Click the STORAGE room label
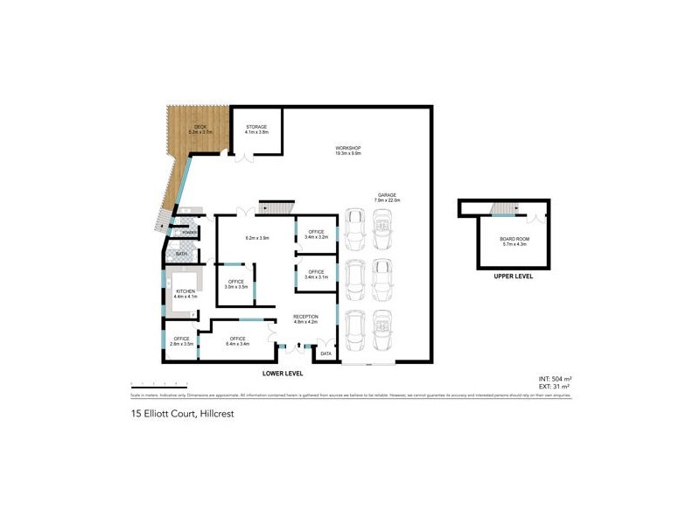click(x=256, y=129)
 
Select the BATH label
click(x=181, y=254)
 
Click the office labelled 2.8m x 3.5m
click(x=182, y=341)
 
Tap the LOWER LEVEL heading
click(x=283, y=374)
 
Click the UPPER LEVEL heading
click(x=513, y=276)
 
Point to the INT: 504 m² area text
click(x=555, y=379)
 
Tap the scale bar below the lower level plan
click(x=158, y=384)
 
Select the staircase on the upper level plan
click(x=503, y=207)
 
